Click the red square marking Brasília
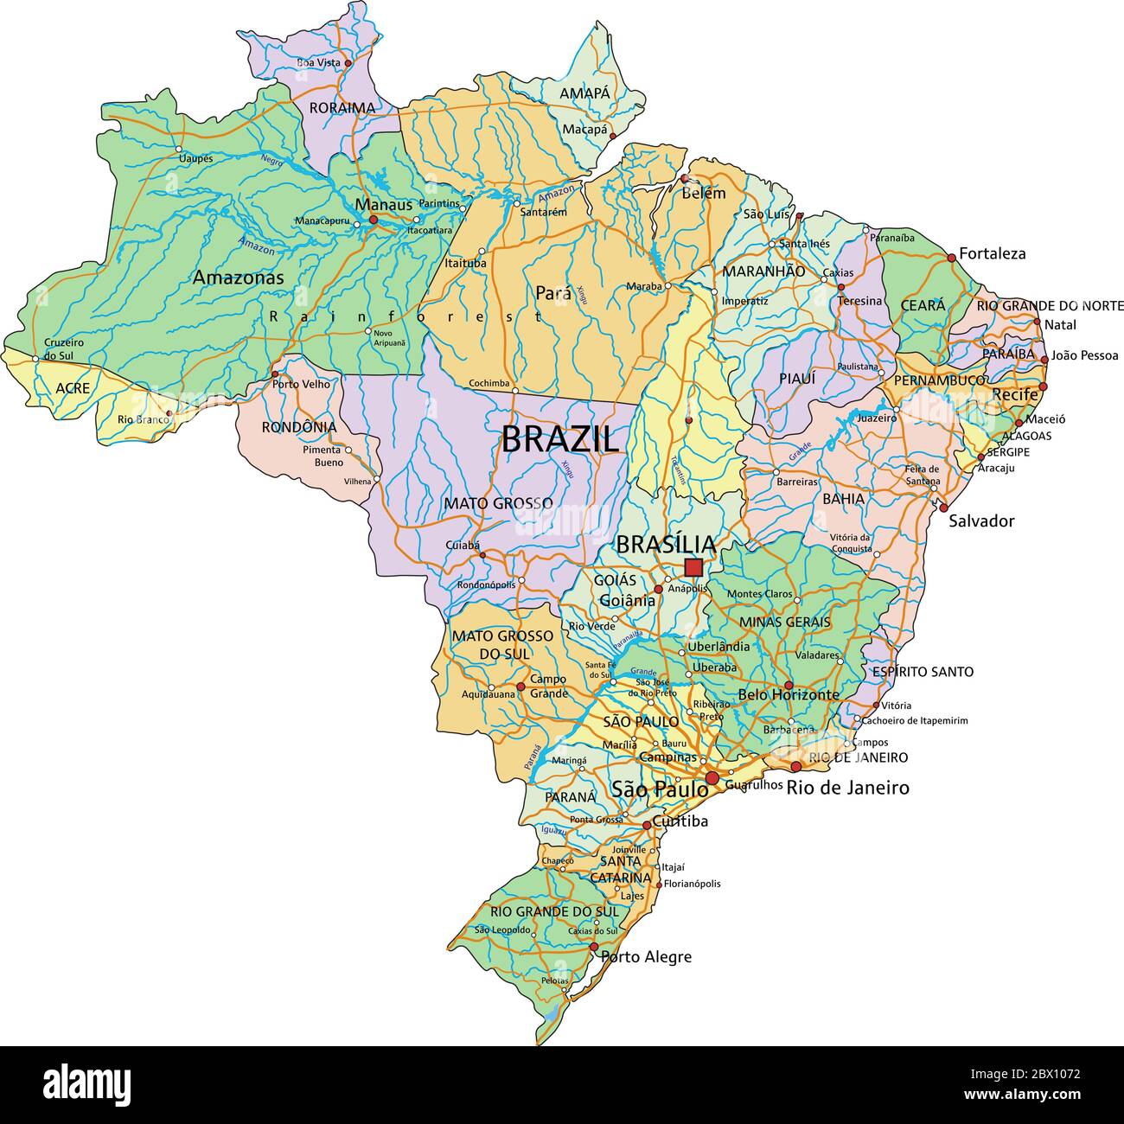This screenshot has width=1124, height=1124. click(x=693, y=567)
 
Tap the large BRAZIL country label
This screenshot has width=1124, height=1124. click(x=560, y=440)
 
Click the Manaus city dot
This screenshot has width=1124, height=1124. click(x=374, y=220)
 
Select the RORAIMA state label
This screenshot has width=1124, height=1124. click(x=343, y=108)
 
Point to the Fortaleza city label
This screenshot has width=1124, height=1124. click(x=992, y=253)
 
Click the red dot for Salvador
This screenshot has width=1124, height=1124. click(x=943, y=508)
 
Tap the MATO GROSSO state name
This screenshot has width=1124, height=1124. click(x=498, y=502)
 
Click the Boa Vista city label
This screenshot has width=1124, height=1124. click(x=318, y=62)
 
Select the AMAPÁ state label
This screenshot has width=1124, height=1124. click(x=584, y=93)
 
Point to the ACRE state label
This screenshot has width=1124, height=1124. click(x=73, y=388)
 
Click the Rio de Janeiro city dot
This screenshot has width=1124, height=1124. click(x=795, y=766)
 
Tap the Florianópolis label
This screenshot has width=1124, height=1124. click(x=692, y=884)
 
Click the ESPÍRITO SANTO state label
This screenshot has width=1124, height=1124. click(x=923, y=671)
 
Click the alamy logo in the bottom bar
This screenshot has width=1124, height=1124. click(x=87, y=1083)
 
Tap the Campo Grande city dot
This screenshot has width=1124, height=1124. click(x=520, y=687)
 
